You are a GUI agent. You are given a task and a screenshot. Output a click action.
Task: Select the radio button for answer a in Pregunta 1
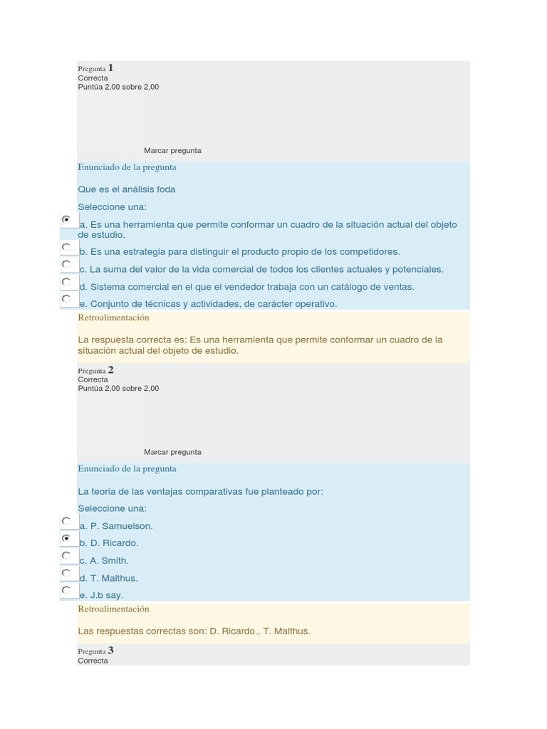click(66, 220)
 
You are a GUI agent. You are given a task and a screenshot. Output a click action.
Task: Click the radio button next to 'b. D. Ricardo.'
click(66, 538)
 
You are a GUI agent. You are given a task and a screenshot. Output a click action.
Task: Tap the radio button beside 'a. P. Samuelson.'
click(66, 521)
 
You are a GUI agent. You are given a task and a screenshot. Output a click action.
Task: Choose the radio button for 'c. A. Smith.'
click(66, 555)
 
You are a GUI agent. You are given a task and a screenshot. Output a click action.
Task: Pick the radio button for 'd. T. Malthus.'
click(66, 573)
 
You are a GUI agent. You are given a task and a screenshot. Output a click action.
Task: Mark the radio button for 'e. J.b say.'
click(66, 590)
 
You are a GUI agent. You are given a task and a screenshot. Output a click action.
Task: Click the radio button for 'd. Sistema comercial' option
click(66, 282)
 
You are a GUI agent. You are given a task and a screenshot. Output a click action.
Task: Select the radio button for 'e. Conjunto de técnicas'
click(66, 299)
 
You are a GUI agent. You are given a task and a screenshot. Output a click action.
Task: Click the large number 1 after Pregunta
click(110, 68)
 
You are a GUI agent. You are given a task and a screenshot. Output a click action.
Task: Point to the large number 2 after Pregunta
click(110, 370)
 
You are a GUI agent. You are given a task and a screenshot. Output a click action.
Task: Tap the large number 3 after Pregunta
click(110, 651)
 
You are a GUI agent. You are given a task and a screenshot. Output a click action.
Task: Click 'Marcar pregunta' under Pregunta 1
click(172, 151)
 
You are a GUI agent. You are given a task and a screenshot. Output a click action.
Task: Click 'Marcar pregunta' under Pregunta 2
click(172, 452)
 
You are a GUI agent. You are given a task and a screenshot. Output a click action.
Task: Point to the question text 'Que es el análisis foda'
click(127, 189)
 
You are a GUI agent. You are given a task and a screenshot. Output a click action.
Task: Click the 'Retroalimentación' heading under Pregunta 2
click(113, 609)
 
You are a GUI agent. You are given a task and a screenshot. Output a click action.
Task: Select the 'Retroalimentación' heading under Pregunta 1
click(113, 318)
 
